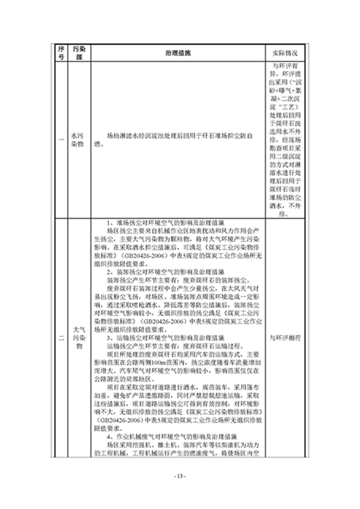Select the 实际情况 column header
click(284, 53)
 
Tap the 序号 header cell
click(61, 53)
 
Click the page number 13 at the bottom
click(180, 475)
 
